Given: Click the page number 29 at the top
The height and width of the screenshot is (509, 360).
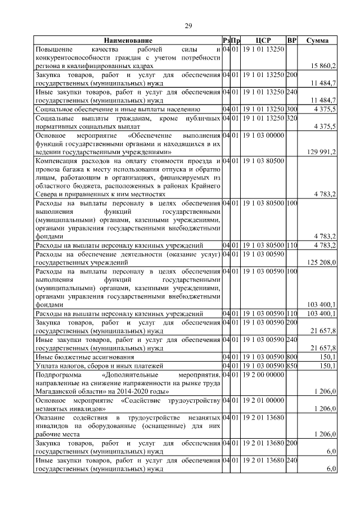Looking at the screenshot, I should click(189, 25).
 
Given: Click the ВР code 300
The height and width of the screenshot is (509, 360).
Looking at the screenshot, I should click(291, 109).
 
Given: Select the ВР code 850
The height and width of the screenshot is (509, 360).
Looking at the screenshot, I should click(291, 366).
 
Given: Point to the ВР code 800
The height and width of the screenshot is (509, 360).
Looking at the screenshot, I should click(291, 357).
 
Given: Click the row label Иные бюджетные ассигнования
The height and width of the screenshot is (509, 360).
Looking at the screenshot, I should click(84, 357).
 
